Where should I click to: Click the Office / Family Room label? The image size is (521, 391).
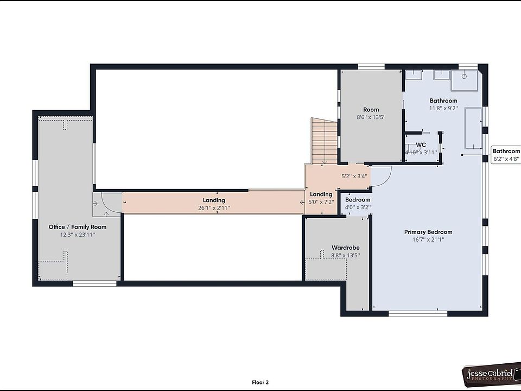coord(78,227)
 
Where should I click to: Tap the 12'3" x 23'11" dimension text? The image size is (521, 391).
coord(78,235)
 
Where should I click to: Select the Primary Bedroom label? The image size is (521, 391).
coord(428,232)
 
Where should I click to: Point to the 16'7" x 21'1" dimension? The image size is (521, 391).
coord(428,239)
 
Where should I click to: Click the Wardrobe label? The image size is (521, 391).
coord(346,248)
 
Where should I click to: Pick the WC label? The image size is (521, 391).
coord(421,145)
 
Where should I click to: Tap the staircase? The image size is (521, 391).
coord(325,141)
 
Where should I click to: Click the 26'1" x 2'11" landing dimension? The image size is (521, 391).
coord(214,208)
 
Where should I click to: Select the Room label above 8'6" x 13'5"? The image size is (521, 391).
coord(371,110)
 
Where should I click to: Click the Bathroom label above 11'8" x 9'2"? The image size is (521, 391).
coord(443,101)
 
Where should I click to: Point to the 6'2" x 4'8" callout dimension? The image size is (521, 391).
coord(506,159)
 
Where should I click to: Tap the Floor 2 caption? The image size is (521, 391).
coord(260,382)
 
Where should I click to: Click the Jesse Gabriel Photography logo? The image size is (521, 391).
coord(491,374)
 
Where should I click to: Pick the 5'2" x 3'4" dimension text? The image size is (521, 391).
coord(354,176)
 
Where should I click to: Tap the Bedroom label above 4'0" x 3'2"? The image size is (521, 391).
coord(358,200)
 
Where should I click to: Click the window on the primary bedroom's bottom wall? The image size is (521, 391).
coord(418,313)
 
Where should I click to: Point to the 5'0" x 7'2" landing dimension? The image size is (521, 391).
coord(321,202)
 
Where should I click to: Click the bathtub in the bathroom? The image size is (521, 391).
coord(473,128)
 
